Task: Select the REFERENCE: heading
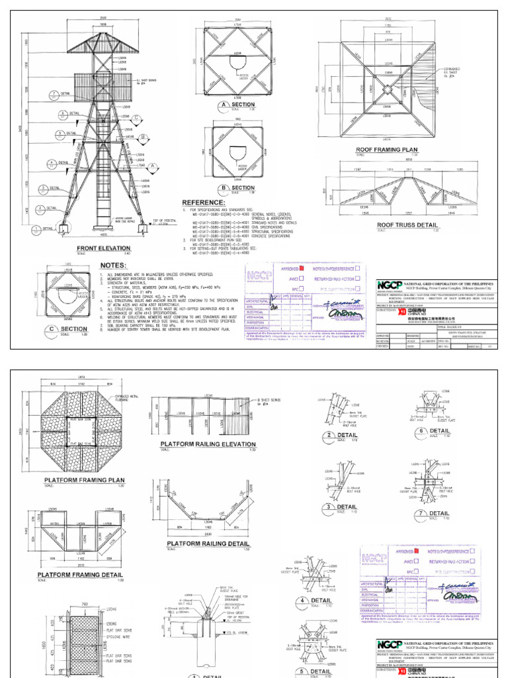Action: click(x=208, y=201)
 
